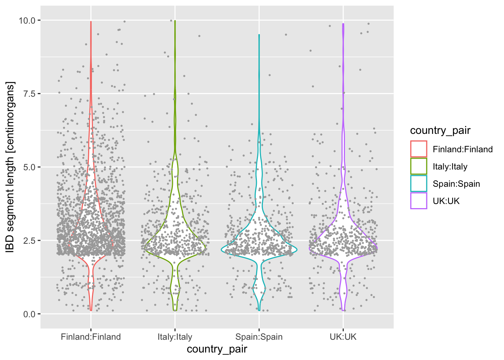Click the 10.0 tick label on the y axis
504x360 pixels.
(27, 20)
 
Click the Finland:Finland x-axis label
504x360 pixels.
(91, 337)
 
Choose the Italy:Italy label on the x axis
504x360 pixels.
(175, 337)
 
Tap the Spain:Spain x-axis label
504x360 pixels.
(259, 337)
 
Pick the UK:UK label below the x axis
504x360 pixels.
(343, 337)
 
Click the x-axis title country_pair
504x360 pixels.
(217, 349)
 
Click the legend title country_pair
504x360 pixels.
(440, 130)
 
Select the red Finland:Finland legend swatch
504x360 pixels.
(418, 149)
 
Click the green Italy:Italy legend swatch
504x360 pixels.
(418, 166)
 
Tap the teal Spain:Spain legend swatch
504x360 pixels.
(418, 183)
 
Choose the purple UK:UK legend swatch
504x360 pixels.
(418, 201)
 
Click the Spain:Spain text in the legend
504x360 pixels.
(456, 184)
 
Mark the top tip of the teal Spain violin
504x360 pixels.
(259, 35)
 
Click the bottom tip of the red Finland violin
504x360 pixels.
(91, 310)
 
